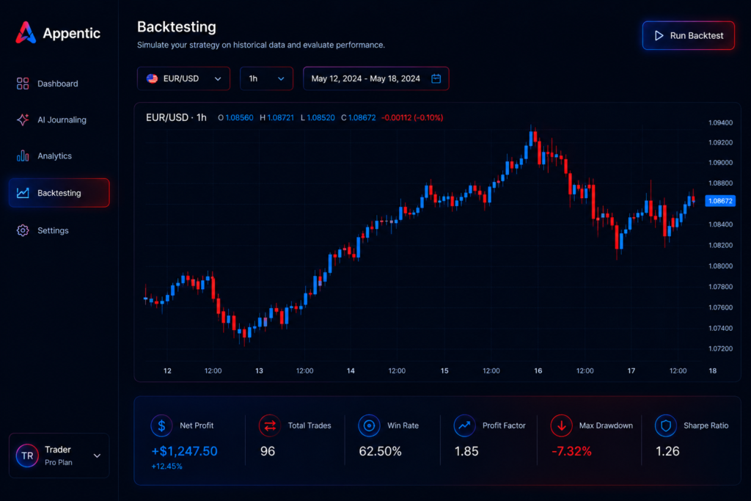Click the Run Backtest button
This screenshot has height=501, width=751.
[688, 35]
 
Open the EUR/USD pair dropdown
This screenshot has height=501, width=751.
[183, 78]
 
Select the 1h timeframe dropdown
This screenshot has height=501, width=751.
[266, 78]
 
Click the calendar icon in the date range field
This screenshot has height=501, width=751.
[436, 78]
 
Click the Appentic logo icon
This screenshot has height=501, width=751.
[26, 32]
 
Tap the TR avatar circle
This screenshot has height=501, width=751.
[27, 456]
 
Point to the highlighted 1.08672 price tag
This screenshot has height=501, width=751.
[720, 201]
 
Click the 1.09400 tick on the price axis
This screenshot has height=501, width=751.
[720, 123]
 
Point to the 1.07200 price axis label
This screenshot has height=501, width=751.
[720, 348]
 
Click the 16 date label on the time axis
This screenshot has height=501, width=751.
[538, 370]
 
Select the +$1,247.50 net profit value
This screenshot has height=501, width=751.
[184, 451]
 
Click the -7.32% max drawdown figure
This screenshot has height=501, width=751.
[571, 451]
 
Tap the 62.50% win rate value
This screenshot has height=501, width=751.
[381, 451]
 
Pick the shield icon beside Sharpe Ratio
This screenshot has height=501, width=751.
[666, 425]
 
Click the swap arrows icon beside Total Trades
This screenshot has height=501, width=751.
[270, 425]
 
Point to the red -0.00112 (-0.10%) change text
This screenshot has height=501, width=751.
[412, 118]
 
